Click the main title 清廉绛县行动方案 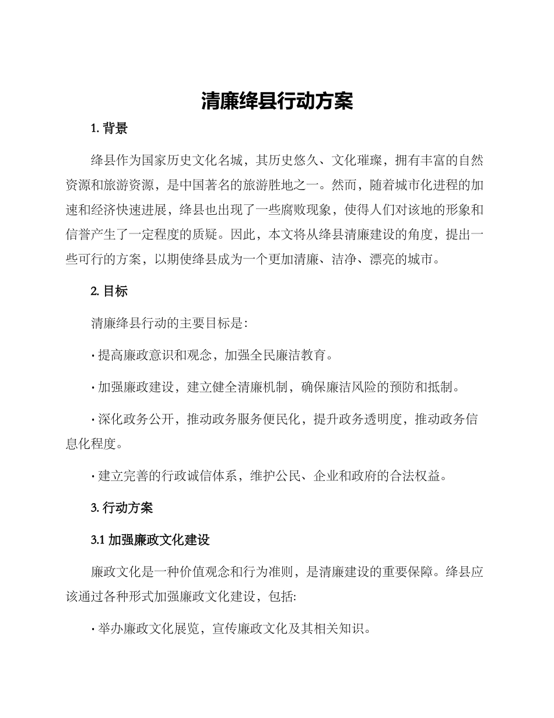[x=277, y=101]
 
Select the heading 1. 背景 [x=110, y=129]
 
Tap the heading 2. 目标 [x=110, y=291]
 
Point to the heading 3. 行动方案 [x=122, y=508]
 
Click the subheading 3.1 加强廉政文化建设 [x=150, y=540]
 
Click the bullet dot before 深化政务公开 [x=93, y=420]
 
